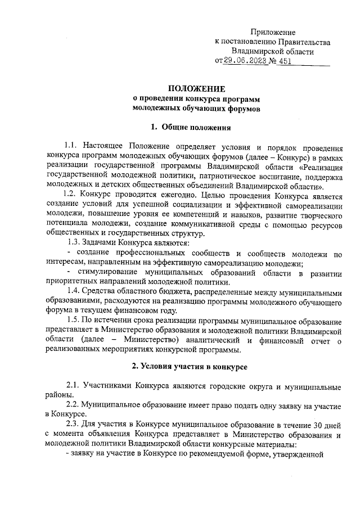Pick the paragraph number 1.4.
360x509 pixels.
pyautogui.click(x=73, y=291)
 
